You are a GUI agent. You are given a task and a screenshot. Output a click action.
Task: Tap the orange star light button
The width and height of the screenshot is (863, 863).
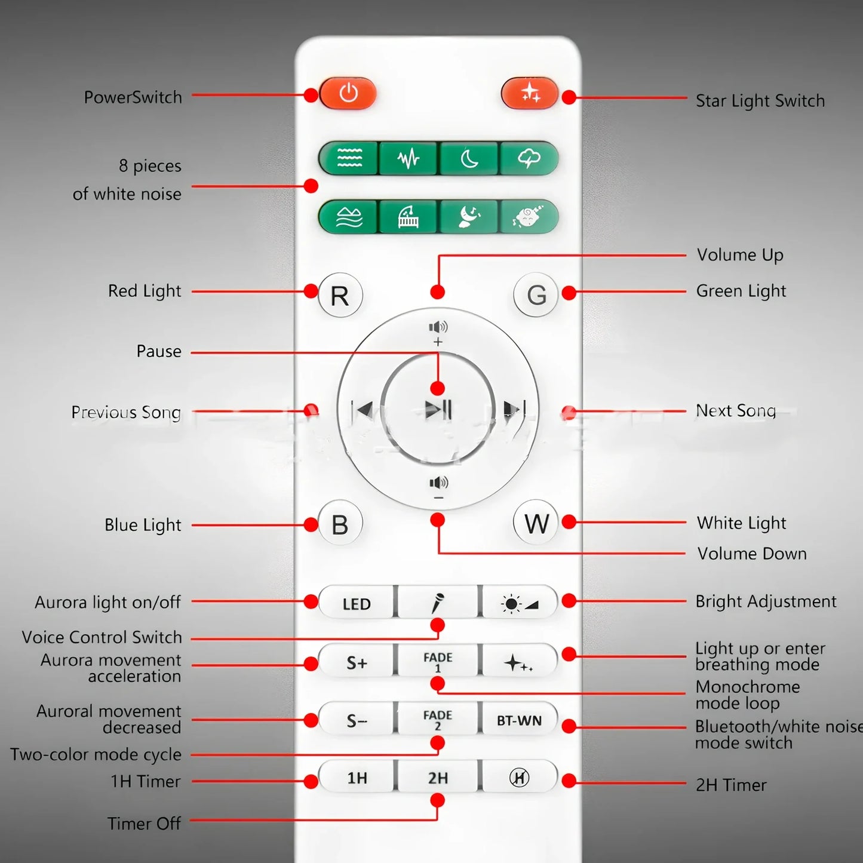(529, 93)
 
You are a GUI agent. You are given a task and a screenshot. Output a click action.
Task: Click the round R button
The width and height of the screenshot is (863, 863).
(340, 295)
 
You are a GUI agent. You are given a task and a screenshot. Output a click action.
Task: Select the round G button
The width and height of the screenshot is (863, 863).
(536, 295)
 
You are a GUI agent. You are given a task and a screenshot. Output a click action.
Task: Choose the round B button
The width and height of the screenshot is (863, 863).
(340, 524)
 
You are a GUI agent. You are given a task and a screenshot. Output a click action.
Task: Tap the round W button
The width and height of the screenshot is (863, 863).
(536, 524)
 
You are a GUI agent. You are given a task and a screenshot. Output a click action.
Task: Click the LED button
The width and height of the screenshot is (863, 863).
(357, 604)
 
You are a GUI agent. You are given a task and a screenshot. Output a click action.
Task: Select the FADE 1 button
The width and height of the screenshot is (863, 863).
(438, 661)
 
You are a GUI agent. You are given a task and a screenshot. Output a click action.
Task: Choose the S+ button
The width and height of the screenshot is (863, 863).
(357, 662)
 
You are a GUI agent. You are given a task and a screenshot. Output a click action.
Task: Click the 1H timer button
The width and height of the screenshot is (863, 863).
(357, 778)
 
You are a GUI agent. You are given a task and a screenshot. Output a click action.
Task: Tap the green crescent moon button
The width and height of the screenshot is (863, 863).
(469, 159)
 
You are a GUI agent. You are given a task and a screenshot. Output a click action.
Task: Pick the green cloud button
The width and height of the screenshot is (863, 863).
(529, 159)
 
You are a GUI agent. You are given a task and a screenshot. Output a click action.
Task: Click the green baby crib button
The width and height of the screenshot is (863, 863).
(409, 217)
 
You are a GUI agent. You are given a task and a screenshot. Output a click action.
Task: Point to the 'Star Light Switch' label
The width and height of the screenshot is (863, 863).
(760, 101)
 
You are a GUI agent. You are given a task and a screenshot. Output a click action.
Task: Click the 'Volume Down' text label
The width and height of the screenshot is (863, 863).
(751, 554)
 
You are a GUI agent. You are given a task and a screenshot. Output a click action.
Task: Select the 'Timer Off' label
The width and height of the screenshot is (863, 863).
(144, 824)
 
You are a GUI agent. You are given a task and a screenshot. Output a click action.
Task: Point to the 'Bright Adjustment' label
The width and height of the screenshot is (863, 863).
(766, 601)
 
